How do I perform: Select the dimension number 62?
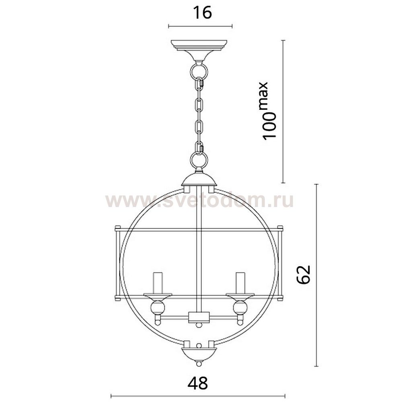(x=304, y=275)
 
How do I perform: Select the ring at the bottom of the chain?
(x=199, y=161)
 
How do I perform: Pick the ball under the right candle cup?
(x=240, y=308)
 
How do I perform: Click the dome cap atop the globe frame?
(x=199, y=179)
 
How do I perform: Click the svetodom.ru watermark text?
(x=199, y=201)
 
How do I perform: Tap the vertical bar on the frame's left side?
(x=117, y=263)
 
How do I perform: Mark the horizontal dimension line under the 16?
(x=200, y=27)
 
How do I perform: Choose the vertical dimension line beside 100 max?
(x=283, y=111)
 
